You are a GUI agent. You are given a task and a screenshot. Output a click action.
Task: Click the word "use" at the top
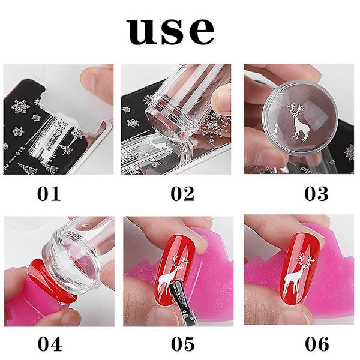click(170, 31)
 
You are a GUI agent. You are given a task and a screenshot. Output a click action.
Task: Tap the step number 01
click(49, 194)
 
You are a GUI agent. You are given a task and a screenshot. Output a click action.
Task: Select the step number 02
click(182, 194)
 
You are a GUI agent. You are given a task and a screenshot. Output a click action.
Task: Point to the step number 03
click(316, 194)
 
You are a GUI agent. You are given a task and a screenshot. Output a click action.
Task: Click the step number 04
click(50, 344)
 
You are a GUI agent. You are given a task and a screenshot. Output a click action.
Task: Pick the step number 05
click(183, 344)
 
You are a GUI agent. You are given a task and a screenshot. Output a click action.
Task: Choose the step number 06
click(317, 344)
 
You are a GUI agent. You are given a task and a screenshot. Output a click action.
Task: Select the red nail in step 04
click(52, 279)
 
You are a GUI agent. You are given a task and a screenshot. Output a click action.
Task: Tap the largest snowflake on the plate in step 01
click(20, 107)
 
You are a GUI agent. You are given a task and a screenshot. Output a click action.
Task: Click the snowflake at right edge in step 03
click(349, 152)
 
